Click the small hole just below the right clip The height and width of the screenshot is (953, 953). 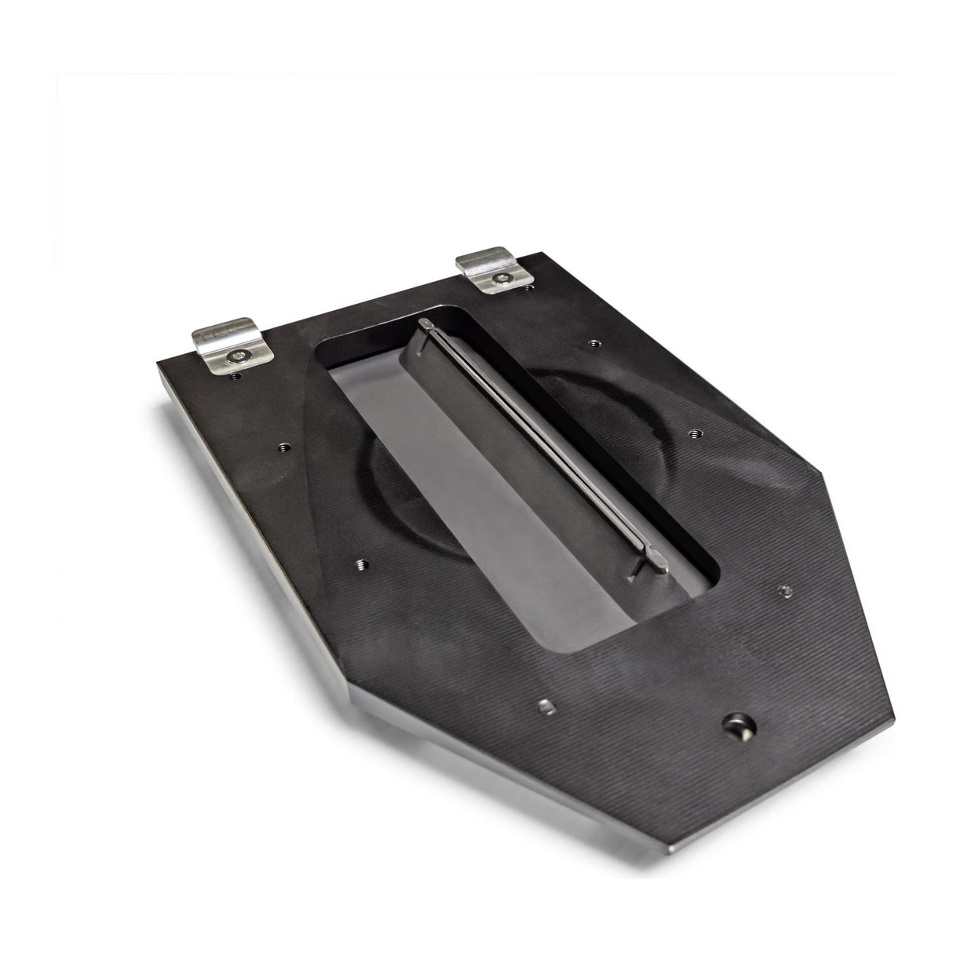click(528, 288)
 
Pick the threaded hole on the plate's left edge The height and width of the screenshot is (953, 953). click(283, 448)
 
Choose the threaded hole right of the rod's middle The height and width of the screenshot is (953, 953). click(694, 431)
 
